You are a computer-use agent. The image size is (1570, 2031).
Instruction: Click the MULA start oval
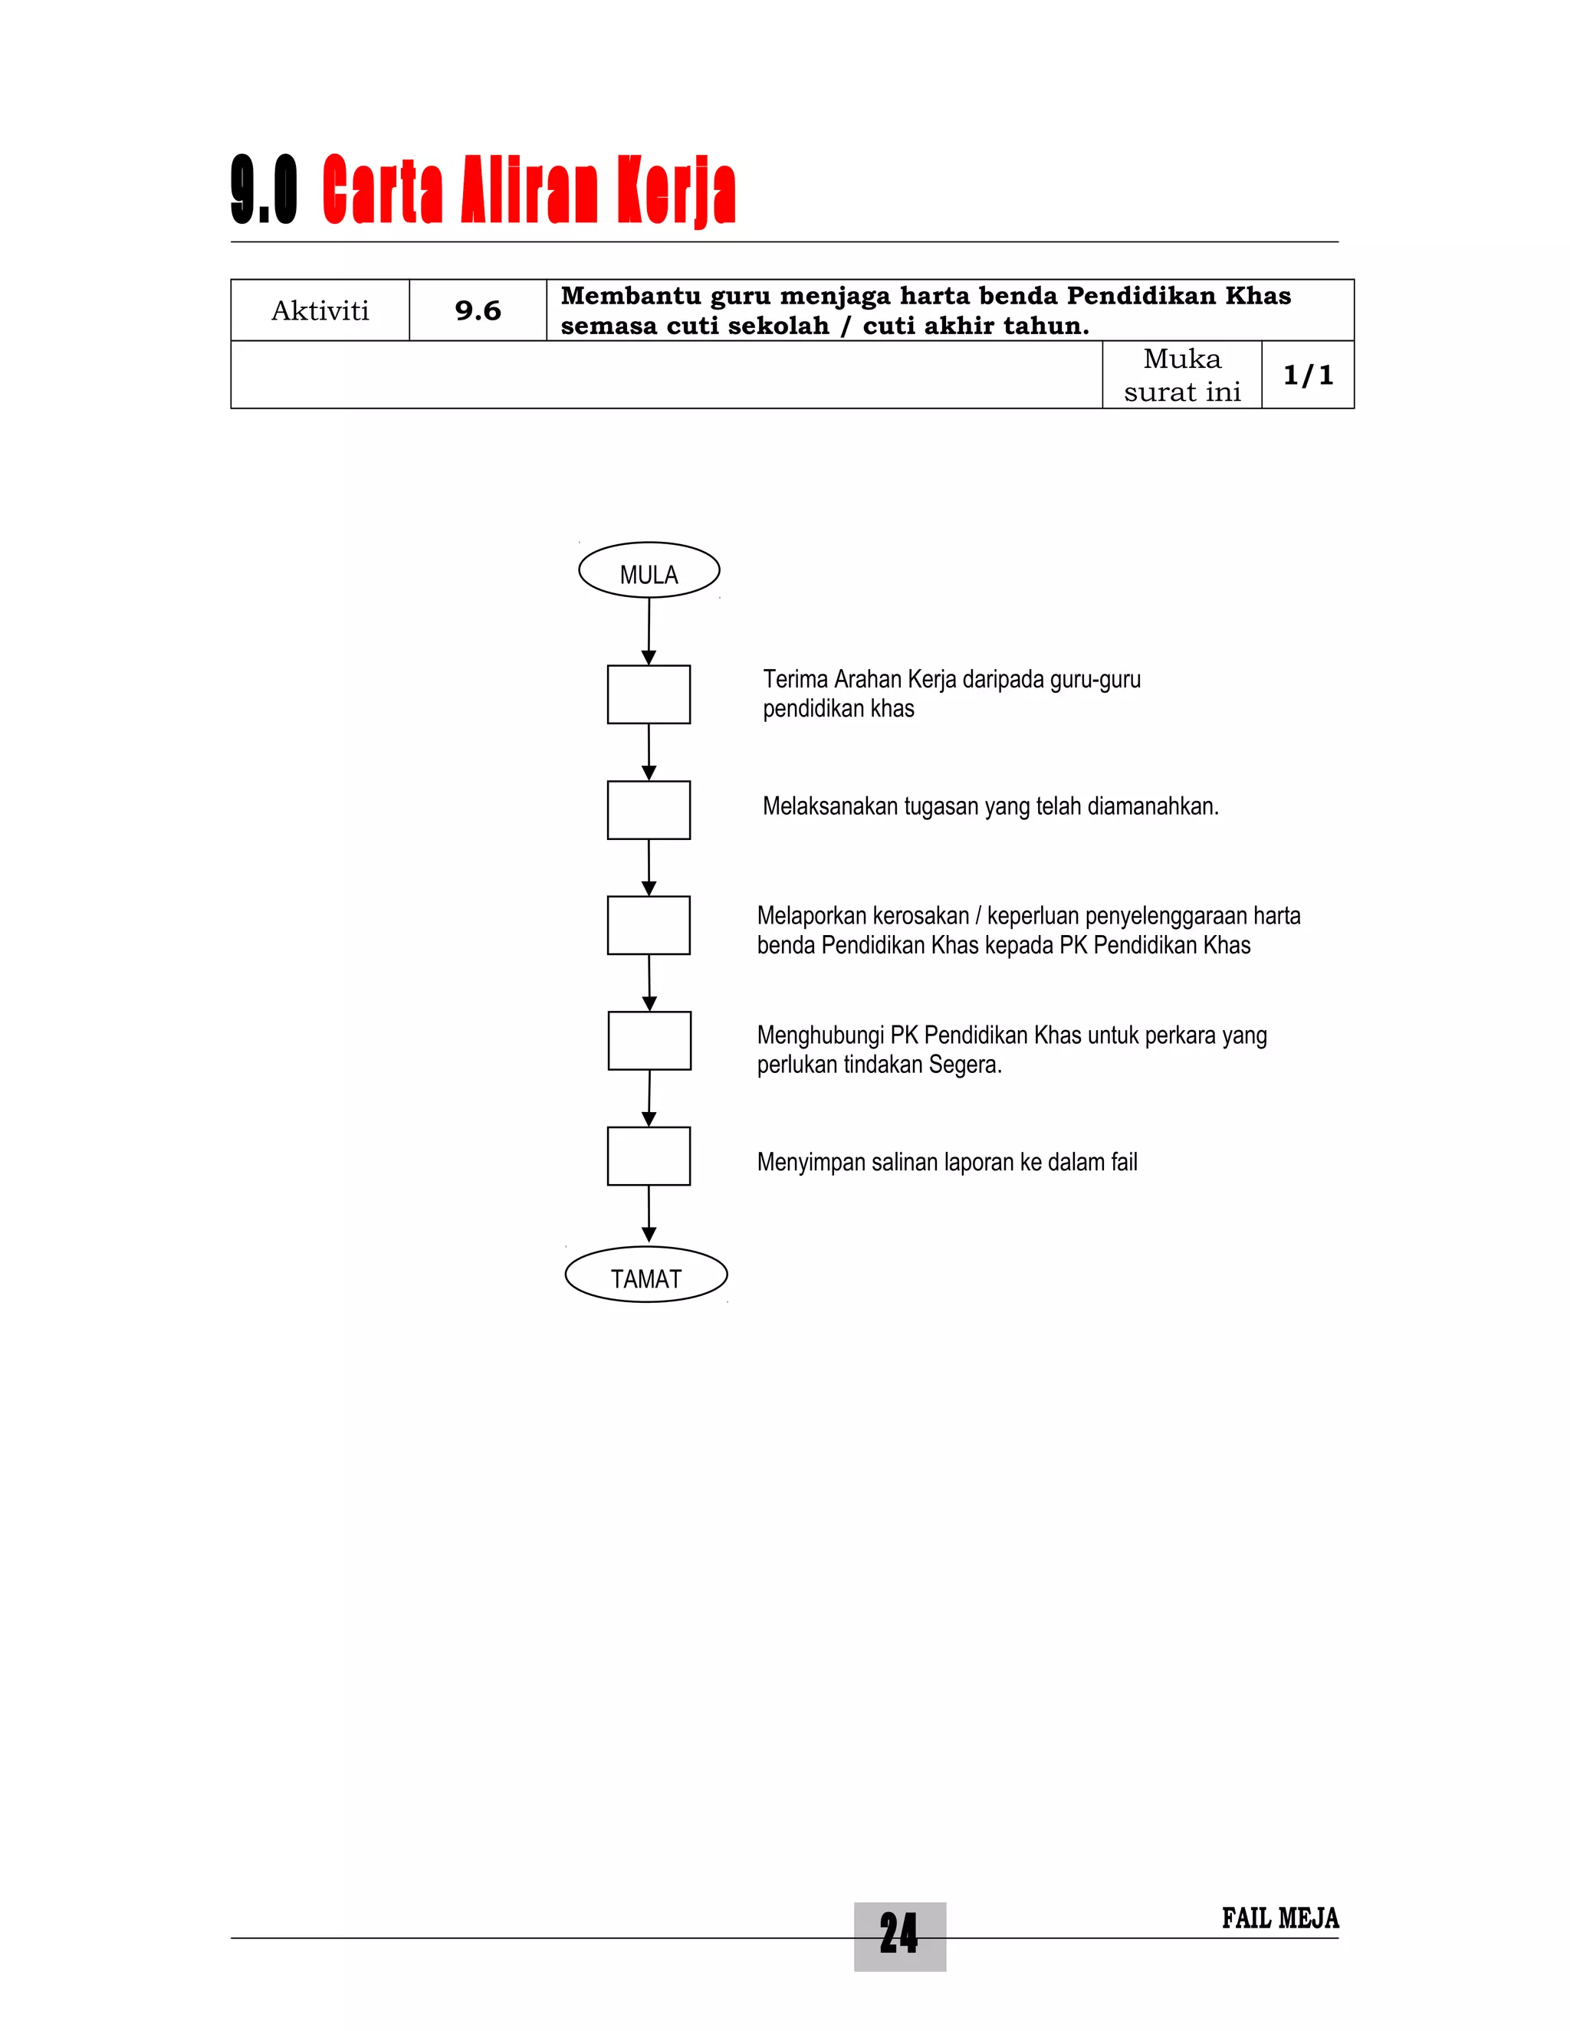pyautogui.click(x=649, y=570)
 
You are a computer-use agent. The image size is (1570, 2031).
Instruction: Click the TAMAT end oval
pyautogui.click(x=645, y=1274)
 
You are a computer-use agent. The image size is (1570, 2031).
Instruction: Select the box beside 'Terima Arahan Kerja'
pyautogui.click(x=649, y=694)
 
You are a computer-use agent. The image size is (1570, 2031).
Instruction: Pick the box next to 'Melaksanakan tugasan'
pyautogui.click(x=649, y=810)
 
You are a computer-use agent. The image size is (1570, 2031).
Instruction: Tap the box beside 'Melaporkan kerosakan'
pyautogui.click(x=649, y=925)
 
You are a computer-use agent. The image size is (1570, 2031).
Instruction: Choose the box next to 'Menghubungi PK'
pyautogui.click(x=649, y=1041)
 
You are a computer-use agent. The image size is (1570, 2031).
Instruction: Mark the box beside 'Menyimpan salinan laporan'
pyautogui.click(x=649, y=1156)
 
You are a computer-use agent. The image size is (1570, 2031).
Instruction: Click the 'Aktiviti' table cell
pyautogui.click(x=320, y=310)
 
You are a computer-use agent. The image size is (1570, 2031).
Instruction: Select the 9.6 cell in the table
pyautogui.click(x=478, y=310)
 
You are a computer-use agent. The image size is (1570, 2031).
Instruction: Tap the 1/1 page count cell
pyautogui.click(x=1308, y=375)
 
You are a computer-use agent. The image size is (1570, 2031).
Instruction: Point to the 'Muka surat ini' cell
pyautogui.click(x=1182, y=375)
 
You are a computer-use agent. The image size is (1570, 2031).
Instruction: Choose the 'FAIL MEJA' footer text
pyautogui.click(x=1279, y=1918)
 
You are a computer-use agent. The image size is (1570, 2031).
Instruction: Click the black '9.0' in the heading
pyautogui.click(x=264, y=191)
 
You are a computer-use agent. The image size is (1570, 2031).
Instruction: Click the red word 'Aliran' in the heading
pyautogui.click(x=527, y=191)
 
